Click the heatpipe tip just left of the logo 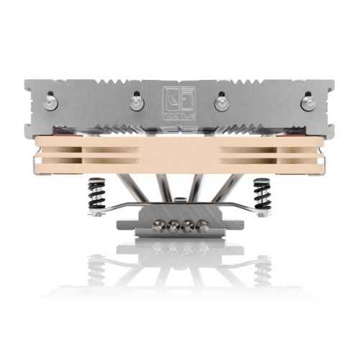(136, 103)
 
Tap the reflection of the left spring (96, 270)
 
